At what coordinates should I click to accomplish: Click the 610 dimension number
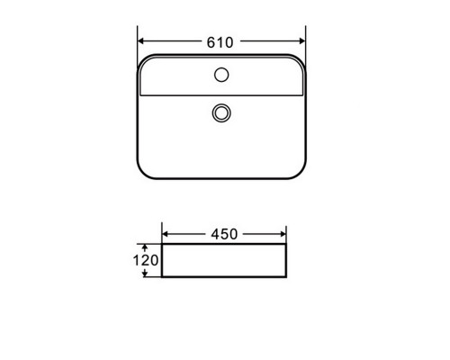pos(220,42)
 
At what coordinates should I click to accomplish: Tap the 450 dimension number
pos(224,234)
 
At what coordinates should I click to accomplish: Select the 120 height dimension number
pos(146,260)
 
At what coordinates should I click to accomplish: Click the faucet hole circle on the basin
pos(221,75)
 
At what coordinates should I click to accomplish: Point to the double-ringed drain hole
pos(221,113)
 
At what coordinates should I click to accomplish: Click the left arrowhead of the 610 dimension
pos(141,41)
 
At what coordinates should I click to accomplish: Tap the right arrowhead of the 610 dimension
pos(302,41)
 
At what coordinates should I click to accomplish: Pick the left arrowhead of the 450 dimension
pos(165,234)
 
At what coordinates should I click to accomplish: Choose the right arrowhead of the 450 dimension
pos(283,234)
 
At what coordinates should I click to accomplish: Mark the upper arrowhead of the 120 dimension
pos(145,247)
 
